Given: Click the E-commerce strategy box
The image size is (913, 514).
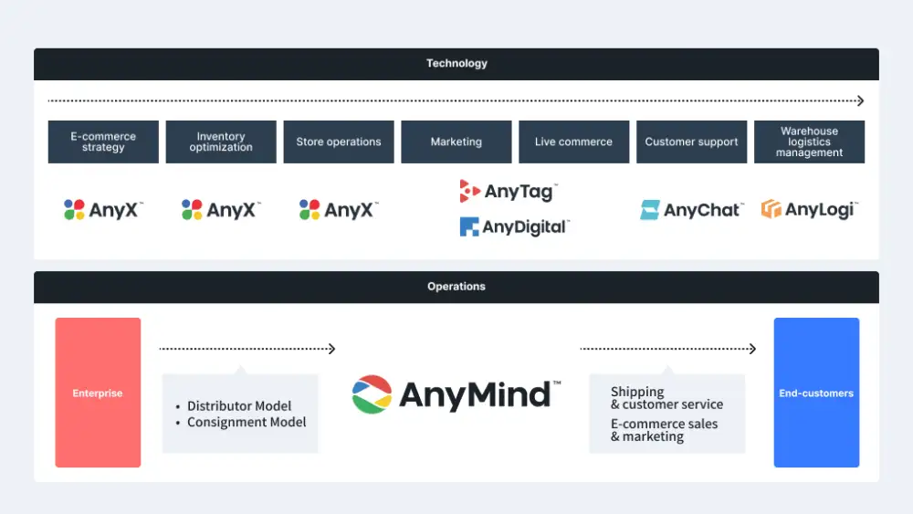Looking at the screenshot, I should [x=103, y=142].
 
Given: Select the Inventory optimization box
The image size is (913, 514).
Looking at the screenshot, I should [x=221, y=142].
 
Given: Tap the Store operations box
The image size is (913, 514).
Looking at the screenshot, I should [x=339, y=142].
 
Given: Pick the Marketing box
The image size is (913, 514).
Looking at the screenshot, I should [x=456, y=142].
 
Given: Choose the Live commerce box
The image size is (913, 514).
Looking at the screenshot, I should [x=573, y=142].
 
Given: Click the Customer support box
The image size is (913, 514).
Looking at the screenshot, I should [x=691, y=142].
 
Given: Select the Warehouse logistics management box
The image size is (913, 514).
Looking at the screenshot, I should [x=809, y=142].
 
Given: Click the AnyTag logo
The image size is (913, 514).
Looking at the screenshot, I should [x=508, y=191].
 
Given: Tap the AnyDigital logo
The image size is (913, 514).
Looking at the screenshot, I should [x=514, y=226].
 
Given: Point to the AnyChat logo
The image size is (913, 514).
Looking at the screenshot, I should [x=691, y=210].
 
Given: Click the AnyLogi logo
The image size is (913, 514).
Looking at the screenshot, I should [x=809, y=209].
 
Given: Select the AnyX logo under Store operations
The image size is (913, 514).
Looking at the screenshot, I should [x=338, y=210].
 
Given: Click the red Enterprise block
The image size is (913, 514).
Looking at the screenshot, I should [x=98, y=393].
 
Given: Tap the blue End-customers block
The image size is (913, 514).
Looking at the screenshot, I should [x=816, y=393].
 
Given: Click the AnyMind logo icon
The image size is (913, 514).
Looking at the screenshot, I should [x=372, y=393].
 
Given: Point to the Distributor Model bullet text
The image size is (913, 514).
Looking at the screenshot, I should [x=239, y=406].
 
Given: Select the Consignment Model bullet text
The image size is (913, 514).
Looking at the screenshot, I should [x=247, y=422].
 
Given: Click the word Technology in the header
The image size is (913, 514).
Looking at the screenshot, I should [x=456, y=64].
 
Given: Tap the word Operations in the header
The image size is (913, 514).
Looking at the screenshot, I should [x=456, y=287].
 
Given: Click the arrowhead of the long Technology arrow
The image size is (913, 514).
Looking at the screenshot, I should [x=860, y=101].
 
